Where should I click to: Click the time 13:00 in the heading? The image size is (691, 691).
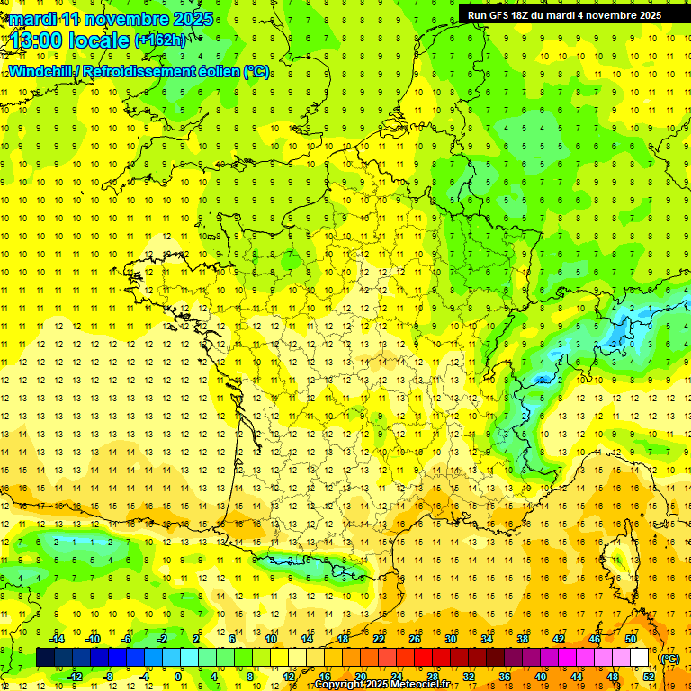pos(37,40)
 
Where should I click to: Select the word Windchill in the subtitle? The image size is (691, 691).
pos(38,72)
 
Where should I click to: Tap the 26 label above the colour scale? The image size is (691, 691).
pos(415,639)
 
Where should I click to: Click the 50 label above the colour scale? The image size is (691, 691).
pos(631,639)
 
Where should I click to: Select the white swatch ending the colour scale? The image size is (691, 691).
pos(640,658)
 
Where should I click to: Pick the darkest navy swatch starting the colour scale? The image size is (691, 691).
pos(45,658)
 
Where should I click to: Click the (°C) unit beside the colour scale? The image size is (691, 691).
pos(669,658)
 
